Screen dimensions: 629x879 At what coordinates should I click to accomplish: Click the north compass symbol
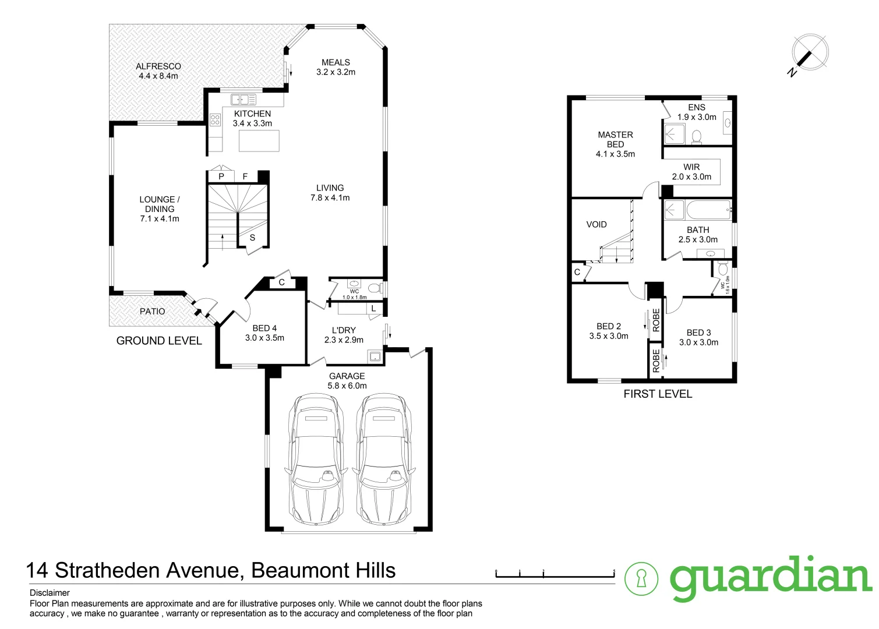coord(810,52)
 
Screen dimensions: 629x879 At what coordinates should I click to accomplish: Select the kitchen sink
coord(243,100)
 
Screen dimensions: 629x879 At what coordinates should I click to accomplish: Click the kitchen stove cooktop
coord(215,120)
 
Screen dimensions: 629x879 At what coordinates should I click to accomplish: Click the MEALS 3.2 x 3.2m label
coord(336,67)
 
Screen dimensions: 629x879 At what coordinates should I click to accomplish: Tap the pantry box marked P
coord(221,176)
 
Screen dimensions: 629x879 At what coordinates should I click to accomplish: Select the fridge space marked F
coord(245,176)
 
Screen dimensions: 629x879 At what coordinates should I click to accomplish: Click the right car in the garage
coord(383,460)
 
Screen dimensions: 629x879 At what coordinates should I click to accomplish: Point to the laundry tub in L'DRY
coord(375,356)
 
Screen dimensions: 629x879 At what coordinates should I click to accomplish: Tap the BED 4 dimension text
coord(264,338)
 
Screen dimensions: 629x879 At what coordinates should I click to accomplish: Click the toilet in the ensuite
coord(696,137)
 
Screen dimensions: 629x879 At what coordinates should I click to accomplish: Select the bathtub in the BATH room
coord(707,210)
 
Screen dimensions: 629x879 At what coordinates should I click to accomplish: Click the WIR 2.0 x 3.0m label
coord(691,172)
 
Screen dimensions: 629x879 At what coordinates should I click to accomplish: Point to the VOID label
coord(596,224)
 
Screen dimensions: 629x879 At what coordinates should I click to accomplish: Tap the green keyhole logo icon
coord(641,578)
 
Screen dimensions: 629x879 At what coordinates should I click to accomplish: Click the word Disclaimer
coord(50,593)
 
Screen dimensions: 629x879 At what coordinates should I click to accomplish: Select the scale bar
coord(555,575)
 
